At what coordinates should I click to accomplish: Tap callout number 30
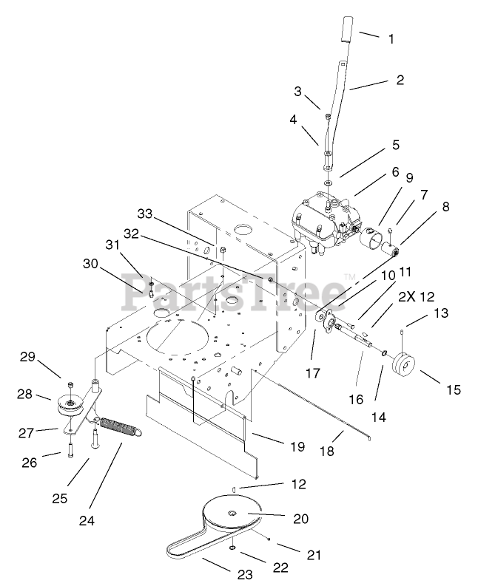(90, 263)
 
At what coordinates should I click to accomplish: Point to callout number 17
(313, 374)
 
